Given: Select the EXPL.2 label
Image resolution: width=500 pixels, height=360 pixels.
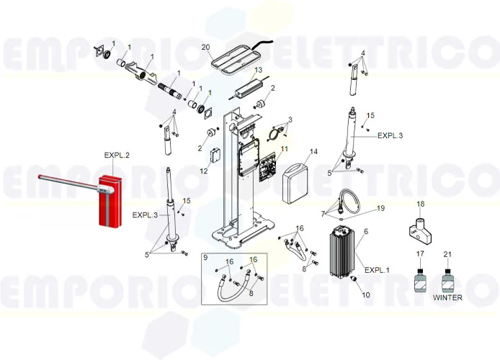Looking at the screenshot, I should point(117,156).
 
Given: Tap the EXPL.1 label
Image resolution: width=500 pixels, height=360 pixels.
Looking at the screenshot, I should point(377,270).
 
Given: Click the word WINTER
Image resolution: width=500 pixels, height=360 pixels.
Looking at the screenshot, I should point(448,297).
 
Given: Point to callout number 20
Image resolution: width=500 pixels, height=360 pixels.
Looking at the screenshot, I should point(206,48).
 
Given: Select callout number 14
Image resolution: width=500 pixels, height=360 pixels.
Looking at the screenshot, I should point(313,152).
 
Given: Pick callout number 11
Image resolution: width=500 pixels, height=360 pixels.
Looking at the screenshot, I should point(284,149).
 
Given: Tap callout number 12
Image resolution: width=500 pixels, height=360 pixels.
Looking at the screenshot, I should point(204,171).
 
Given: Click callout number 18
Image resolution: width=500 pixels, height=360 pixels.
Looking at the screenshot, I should point(421,204).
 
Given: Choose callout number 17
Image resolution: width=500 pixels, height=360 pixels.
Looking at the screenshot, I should point(420,254).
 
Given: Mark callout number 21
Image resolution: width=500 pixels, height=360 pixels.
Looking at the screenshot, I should point(447,254).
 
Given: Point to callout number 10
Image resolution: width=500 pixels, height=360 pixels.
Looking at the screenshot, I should point(365,295).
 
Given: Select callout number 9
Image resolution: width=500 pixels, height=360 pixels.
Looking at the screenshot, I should point(205,258).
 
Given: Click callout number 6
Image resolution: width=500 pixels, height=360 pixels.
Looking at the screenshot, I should point(365,231).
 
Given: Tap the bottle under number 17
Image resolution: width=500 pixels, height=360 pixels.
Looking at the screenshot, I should point(420,279).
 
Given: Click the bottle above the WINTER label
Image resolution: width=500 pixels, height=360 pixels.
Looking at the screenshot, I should point(447,279).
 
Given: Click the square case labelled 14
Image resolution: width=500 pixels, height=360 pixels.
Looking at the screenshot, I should point(297,181).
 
